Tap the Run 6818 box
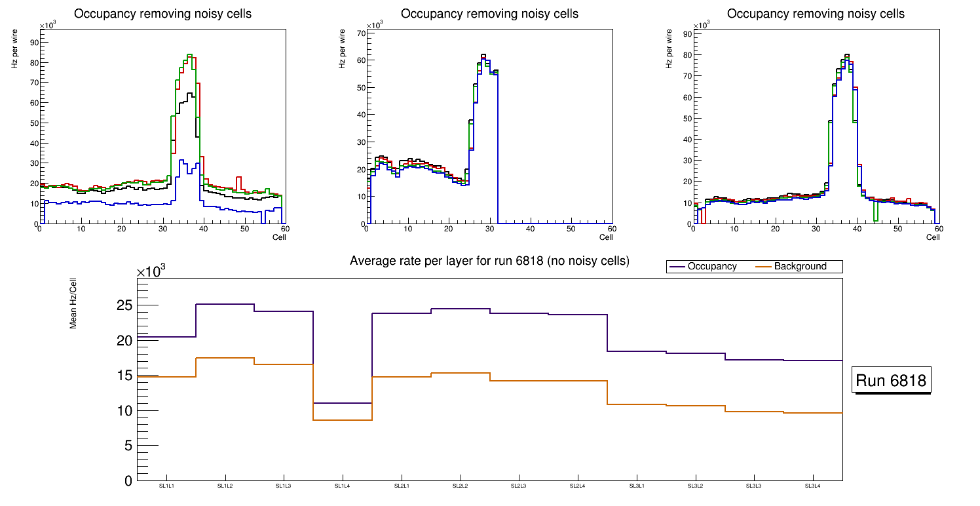tap(892, 381)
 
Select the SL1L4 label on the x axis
tap(343, 486)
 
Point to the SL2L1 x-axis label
tap(402, 486)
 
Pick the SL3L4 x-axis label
tap(813, 486)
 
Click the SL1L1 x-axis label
tap(166, 486)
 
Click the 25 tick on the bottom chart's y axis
tap(124, 305)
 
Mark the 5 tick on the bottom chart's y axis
tap(128, 446)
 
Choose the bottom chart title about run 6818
tap(489, 261)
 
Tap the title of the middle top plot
tap(489, 14)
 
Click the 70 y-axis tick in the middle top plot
tap(360, 33)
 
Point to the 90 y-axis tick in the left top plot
tap(33, 43)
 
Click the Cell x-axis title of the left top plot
tap(279, 237)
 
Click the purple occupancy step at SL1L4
tap(343, 403)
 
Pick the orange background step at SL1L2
tap(225, 358)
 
